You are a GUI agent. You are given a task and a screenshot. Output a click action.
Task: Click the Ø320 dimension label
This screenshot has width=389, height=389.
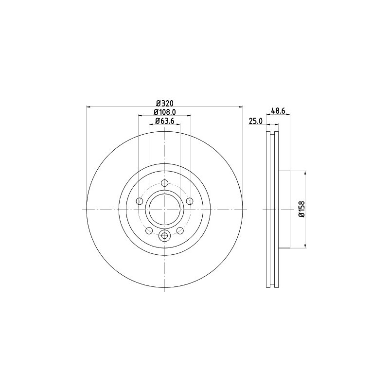[x=164, y=103]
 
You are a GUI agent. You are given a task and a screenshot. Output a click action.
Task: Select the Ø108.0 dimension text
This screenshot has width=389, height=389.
[x=165, y=112]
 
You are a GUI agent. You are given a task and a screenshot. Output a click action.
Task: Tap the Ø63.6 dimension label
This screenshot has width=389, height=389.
[x=165, y=121]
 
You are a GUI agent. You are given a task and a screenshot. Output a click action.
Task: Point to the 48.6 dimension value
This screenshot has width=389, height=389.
[x=278, y=111]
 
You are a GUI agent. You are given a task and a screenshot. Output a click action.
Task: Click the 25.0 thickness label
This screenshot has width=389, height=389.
[x=256, y=121]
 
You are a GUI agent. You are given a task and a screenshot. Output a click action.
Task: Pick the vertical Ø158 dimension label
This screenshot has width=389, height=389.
[x=301, y=210]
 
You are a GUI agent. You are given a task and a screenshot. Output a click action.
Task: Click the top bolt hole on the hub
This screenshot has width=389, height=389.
[x=164, y=183]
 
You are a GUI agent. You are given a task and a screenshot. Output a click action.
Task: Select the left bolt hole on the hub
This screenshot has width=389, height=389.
[x=140, y=201]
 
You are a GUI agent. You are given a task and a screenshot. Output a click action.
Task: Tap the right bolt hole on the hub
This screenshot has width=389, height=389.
[x=189, y=201]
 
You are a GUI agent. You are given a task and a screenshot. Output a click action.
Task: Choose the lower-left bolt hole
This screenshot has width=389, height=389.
[x=149, y=230]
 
